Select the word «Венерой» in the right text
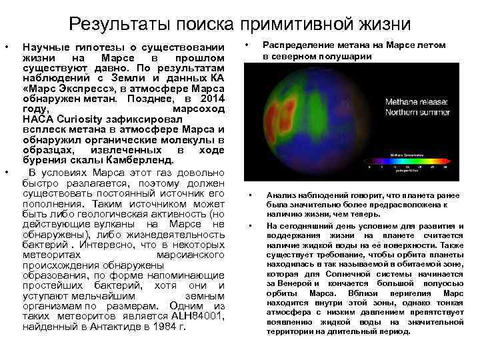[x=291, y=282]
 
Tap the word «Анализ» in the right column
[x=281, y=195]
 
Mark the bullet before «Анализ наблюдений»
[x=250, y=195]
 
